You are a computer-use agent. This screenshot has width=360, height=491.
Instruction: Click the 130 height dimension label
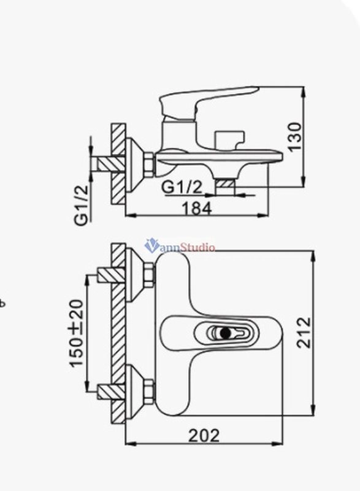pyautogui.click(x=295, y=137)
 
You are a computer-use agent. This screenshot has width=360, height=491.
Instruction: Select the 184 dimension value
pyautogui.click(x=196, y=208)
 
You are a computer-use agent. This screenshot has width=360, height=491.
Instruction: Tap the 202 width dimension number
pyautogui.click(x=204, y=435)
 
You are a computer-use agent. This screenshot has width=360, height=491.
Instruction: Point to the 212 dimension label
pyautogui.click(x=304, y=333)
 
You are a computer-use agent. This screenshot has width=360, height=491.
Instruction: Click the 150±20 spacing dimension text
pyautogui.click(x=77, y=333)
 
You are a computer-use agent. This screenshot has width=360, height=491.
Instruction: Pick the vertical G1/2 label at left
pyautogui.click(x=81, y=205)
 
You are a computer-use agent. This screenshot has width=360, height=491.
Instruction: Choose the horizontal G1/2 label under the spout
pyautogui.click(x=182, y=187)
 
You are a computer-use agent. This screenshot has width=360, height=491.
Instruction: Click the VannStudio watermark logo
pyautogui.click(x=180, y=246)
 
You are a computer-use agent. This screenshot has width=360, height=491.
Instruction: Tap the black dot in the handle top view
pyautogui.click(x=225, y=333)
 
